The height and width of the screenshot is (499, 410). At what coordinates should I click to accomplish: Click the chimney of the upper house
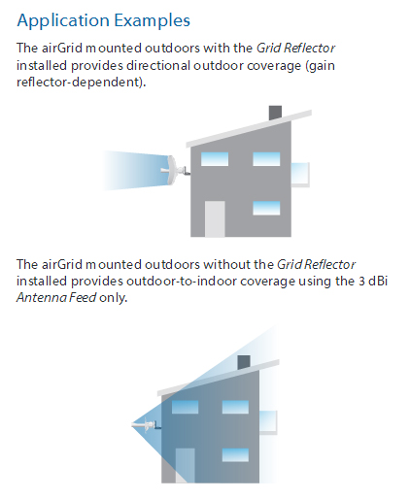[276, 114]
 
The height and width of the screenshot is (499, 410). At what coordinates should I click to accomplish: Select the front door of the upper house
[215, 217]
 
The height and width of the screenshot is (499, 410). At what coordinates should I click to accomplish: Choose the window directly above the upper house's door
[215, 158]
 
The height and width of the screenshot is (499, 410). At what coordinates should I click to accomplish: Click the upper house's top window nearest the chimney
[265, 158]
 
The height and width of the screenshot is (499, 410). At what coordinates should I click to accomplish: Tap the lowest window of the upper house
[265, 207]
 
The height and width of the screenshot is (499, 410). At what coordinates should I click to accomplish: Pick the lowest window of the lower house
[234, 454]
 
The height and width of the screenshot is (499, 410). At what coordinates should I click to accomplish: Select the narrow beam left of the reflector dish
[131, 167]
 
